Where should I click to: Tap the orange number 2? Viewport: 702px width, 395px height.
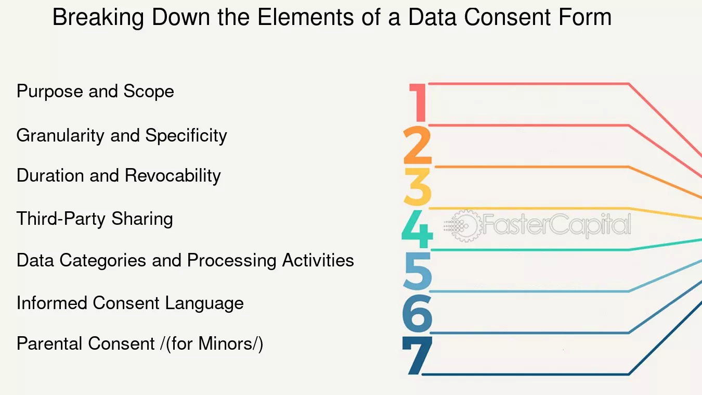(418, 145)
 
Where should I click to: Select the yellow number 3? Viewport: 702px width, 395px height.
(418, 186)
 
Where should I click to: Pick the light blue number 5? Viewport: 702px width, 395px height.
(418, 271)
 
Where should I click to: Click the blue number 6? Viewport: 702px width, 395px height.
(418, 313)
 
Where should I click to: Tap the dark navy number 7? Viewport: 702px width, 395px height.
(418, 355)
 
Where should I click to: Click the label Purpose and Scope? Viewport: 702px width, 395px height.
(95, 91)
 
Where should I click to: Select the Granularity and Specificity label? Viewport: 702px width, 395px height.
(122, 136)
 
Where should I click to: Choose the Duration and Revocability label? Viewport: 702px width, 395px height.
(119, 175)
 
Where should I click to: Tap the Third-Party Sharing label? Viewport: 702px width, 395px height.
(95, 219)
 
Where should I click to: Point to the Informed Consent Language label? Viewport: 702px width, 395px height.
(130, 303)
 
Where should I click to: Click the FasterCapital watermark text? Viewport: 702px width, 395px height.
(557, 225)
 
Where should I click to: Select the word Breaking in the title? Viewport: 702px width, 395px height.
(98, 18)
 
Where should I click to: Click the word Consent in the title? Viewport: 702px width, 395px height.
(507, 17)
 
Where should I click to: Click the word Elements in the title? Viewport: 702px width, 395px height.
(305, 17)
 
